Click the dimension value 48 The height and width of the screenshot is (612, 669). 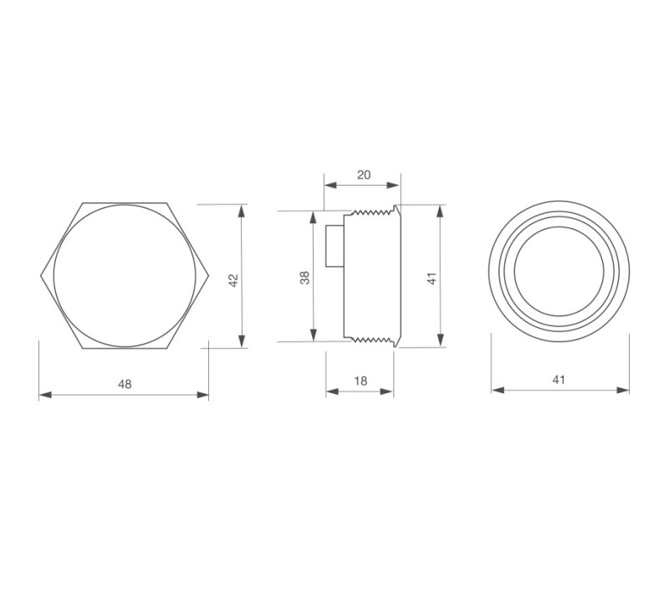pyautogui.click(x=124, y=384)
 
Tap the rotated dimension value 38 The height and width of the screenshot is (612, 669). pyautogui.click(x=305, y=277)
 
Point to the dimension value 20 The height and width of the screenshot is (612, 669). pyautogui.click(x=364, y=175)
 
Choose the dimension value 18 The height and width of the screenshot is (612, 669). pyautogui.click(x=360, y=380)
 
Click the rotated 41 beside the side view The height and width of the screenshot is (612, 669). pyautogui.click(x=432, y=277)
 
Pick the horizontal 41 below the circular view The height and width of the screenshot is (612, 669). pyautogui.click(x=559, y=380)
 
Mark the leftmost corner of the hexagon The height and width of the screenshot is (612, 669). pyautogui.click(x=39, y=274)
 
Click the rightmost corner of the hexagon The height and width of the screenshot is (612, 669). pyautogui.click(x=208, y=274)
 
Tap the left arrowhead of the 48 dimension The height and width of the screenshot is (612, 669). pyautogui.click(x=43, y=395)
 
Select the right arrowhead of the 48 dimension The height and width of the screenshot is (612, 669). pyautogui.click(x=204, y=395)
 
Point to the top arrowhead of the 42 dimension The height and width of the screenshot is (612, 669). pyautogui.click(x=242, y=209)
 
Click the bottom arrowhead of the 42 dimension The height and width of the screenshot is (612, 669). pyautogui.click(x=242, y=341)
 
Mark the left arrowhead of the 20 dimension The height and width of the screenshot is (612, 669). pyautogui.click(x=329, y=186)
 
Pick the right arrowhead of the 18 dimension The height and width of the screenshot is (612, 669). pyautogui.click(x=389, y=391)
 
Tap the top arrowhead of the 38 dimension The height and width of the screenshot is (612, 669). pyautogui.click(x=314, y=215)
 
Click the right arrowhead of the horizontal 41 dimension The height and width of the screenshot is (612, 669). pyautogui.click(x=625, y=390)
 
